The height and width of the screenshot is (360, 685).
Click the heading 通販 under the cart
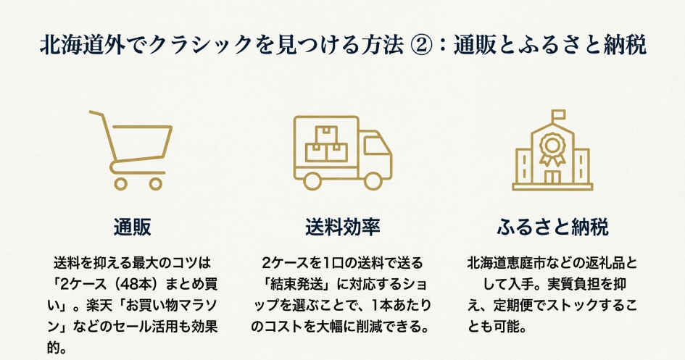pos(132,227)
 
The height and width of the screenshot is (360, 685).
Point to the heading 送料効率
pos(342,227)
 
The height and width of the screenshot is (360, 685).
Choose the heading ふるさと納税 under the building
pos(552,227)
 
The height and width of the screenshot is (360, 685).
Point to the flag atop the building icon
pos(558,115)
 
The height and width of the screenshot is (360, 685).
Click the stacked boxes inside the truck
pos(326,146)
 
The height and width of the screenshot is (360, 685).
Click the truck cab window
pos(375,145)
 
